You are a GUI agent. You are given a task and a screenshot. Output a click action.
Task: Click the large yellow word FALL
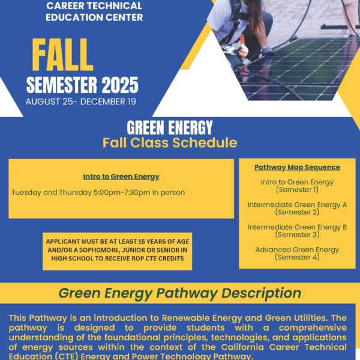pos(62,55)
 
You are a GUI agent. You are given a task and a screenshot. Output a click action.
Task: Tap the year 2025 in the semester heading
pos(120,85)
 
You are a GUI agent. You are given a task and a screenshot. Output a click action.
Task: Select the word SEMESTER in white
pos(62,85)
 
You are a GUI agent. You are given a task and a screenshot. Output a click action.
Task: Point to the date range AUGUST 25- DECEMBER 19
pos(81,102)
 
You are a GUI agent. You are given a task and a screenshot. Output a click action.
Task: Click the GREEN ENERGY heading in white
pos(170,128)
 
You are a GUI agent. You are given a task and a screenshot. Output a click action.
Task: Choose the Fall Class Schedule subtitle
pos(170,143)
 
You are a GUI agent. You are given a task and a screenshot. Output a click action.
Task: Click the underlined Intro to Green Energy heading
pos(121,177)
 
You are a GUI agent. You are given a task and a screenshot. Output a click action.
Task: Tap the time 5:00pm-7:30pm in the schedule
pos(122,193)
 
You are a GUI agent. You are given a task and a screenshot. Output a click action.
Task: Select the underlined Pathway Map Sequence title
pos(297,167)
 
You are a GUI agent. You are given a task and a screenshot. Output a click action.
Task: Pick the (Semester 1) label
pos(297,190)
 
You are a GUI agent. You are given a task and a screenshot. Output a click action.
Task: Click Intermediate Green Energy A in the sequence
pos(297,205)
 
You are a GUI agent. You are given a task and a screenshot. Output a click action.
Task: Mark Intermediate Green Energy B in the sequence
pos(297,227)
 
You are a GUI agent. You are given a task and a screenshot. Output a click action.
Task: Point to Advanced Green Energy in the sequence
pos(297,250)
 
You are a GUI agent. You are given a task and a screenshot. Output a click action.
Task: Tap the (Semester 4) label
pos(297,257)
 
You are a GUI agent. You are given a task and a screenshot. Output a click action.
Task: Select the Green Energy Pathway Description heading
pos(180,293)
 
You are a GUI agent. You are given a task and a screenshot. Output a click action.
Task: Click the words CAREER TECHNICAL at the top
pos(94,6)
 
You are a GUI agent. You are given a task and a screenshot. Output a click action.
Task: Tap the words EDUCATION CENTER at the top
pos(94,17)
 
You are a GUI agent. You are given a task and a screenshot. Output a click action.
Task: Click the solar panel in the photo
pos(296,69)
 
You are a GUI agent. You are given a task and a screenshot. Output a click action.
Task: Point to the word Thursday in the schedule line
pos(76,193)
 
